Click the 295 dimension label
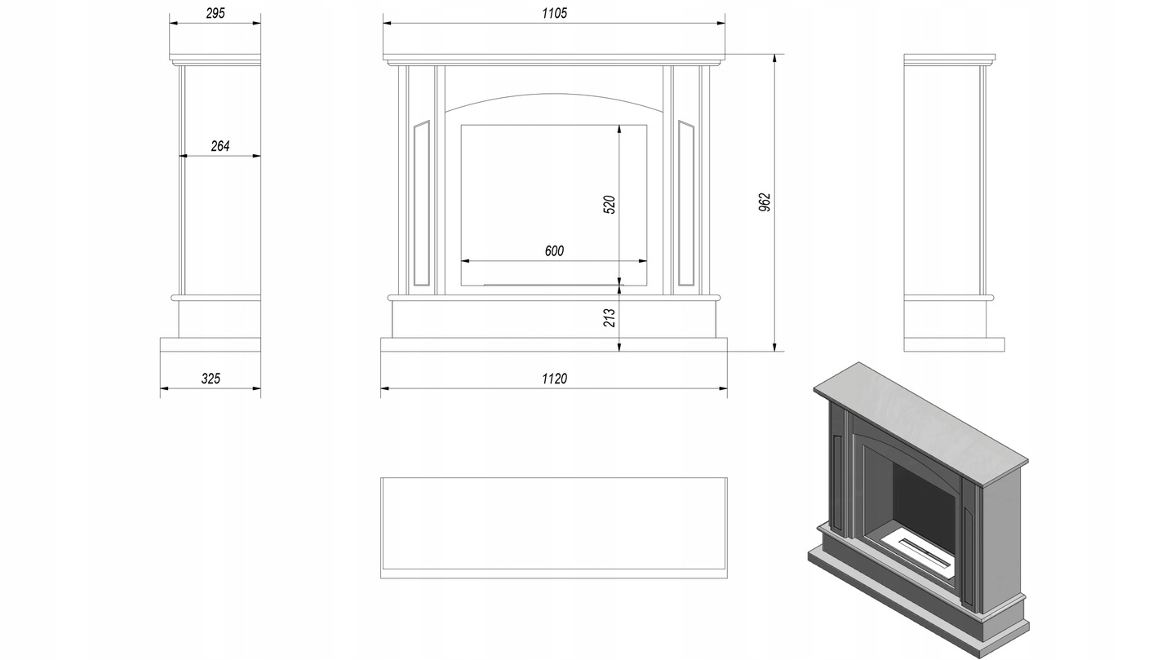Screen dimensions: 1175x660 coord(215,13)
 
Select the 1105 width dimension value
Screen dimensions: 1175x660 coord(555,13)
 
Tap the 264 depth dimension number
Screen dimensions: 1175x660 coord(220,146)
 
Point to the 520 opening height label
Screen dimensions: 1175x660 coord(610,205)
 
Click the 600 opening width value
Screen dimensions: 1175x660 coord(555,250)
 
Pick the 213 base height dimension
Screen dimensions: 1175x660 coord(610,318)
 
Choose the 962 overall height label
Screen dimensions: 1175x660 coord(765,202)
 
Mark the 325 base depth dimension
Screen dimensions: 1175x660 coord(211,379)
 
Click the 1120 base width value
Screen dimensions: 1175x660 coord(555,379)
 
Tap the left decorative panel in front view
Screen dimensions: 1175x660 coord(422,204)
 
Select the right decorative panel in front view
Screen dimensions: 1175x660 coord(686,204)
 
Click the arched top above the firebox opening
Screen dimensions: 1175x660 coord(554,95)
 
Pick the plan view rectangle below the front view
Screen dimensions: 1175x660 coord(554,528)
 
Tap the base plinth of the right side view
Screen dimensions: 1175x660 coord(954,345)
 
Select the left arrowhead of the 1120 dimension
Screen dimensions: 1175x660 coord(384,389)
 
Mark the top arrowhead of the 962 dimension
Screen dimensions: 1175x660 coord(774,58)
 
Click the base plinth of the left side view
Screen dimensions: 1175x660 coord(211,345)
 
